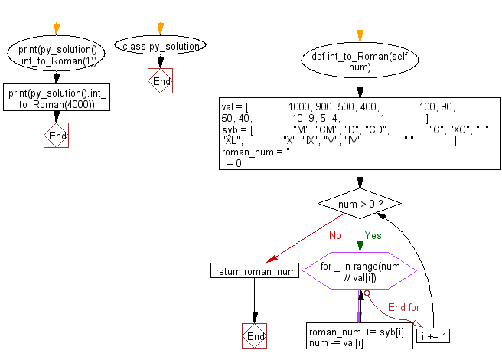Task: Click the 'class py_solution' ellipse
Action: (161, 46)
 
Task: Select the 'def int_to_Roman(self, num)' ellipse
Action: (360, 62)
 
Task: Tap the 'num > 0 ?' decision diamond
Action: (360, 204)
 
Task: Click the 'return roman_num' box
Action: (255, 270)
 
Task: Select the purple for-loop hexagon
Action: (360, 270)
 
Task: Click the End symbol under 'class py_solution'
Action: (161, 81)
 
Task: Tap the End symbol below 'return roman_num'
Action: (254, 335)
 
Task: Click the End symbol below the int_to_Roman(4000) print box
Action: (57, 136)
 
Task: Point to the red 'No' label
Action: (334, 235)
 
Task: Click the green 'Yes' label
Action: (373, 235)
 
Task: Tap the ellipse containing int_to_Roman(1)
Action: (56, 54)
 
